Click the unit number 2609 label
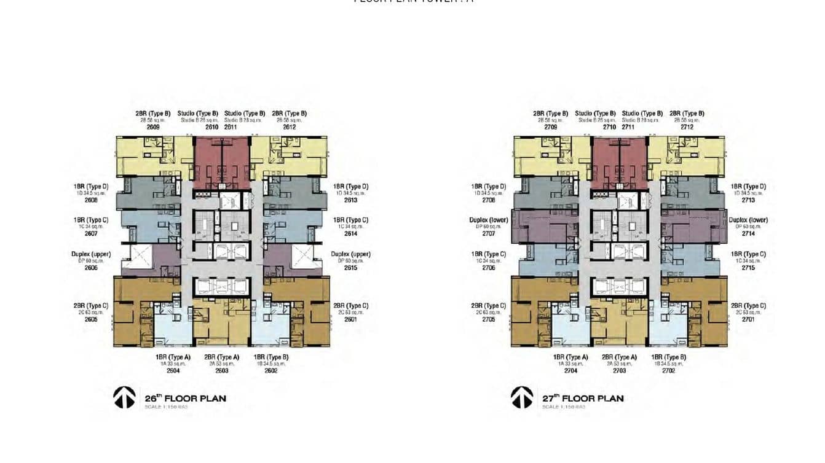pyautogui.click(x=153, y=127)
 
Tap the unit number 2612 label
pyautogui.click(x=290, y=127)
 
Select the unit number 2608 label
pyautogui.click(x=92, y=200)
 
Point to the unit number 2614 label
pyautogui.click(x=350, y=233)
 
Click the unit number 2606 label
pyautogui.click(x=92, y=268)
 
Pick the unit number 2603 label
pyautogui.click(x=221, y=370)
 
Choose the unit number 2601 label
pyautogui.click(x=350, y=319)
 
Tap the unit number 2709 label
pyautogui.click(x=550, y=127)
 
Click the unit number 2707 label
pyautogui.click(x=489, y=233)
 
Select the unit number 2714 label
pyautogui.click(x=748, y=233)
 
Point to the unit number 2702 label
pyautogui.click(x=668, y=370)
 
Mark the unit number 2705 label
pyautogui.click(x=489, y=319)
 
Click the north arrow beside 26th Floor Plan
pyautogui.click(x=124, y=397)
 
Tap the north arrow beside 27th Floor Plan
pyautogui.click(x=522, y=397)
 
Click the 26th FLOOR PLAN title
pyautogui.click(x=185, y=398)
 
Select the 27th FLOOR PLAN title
pyautogui.click(x=583, y=398)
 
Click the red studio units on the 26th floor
pyautogui.click(x=222, y=162)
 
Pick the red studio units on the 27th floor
pyautogui.click(x=619, y=162)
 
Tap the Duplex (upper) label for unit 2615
pyautogui.click(x=350, y=254)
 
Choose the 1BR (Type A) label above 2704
pyautogui.click(x=570, y=357)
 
